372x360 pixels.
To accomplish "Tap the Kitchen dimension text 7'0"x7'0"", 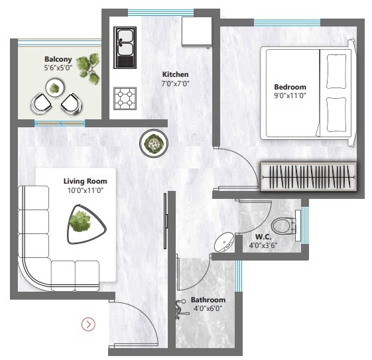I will pyautogui.click(x=176, y=85).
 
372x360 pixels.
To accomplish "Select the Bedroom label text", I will pyautogui.click(x=290, y=87).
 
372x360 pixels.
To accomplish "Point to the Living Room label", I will pyautogui.click(x=85, y=180).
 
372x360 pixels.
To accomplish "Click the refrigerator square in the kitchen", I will pyautogui.click(x=196, y=31).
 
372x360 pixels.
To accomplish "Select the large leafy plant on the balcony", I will pyautogui.click(x=86, y=68).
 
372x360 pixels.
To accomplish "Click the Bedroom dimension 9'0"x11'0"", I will pyautogui.click(x=290, y=96).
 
